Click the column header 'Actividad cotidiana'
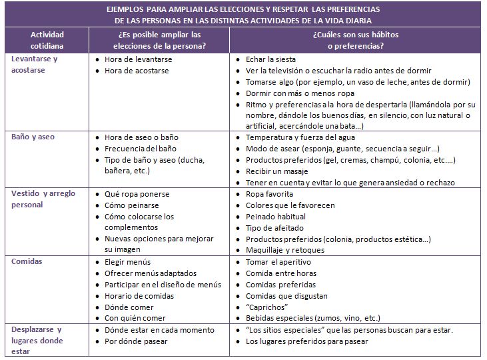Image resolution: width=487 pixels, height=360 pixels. tap(48, 41)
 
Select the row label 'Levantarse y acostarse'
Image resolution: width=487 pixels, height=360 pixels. tap(35, 65)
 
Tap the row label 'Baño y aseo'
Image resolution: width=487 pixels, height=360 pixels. tap(33, 137)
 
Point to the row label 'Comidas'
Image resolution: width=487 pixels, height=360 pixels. tap(27, 261)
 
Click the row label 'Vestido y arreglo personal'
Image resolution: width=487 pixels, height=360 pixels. tap(43, 199)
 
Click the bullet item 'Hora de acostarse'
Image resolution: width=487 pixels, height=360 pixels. tap(138, 71)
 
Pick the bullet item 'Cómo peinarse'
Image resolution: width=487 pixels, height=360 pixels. tap(132, 205)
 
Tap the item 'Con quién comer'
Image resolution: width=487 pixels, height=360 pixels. tap(135, 319)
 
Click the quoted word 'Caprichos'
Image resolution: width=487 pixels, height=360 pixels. tap(266, 307)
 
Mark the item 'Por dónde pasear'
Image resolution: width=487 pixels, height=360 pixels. tap(136, 341)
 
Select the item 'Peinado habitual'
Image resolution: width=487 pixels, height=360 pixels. tap(276, 217)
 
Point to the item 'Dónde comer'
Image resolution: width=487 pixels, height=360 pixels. tap(129, 307)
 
